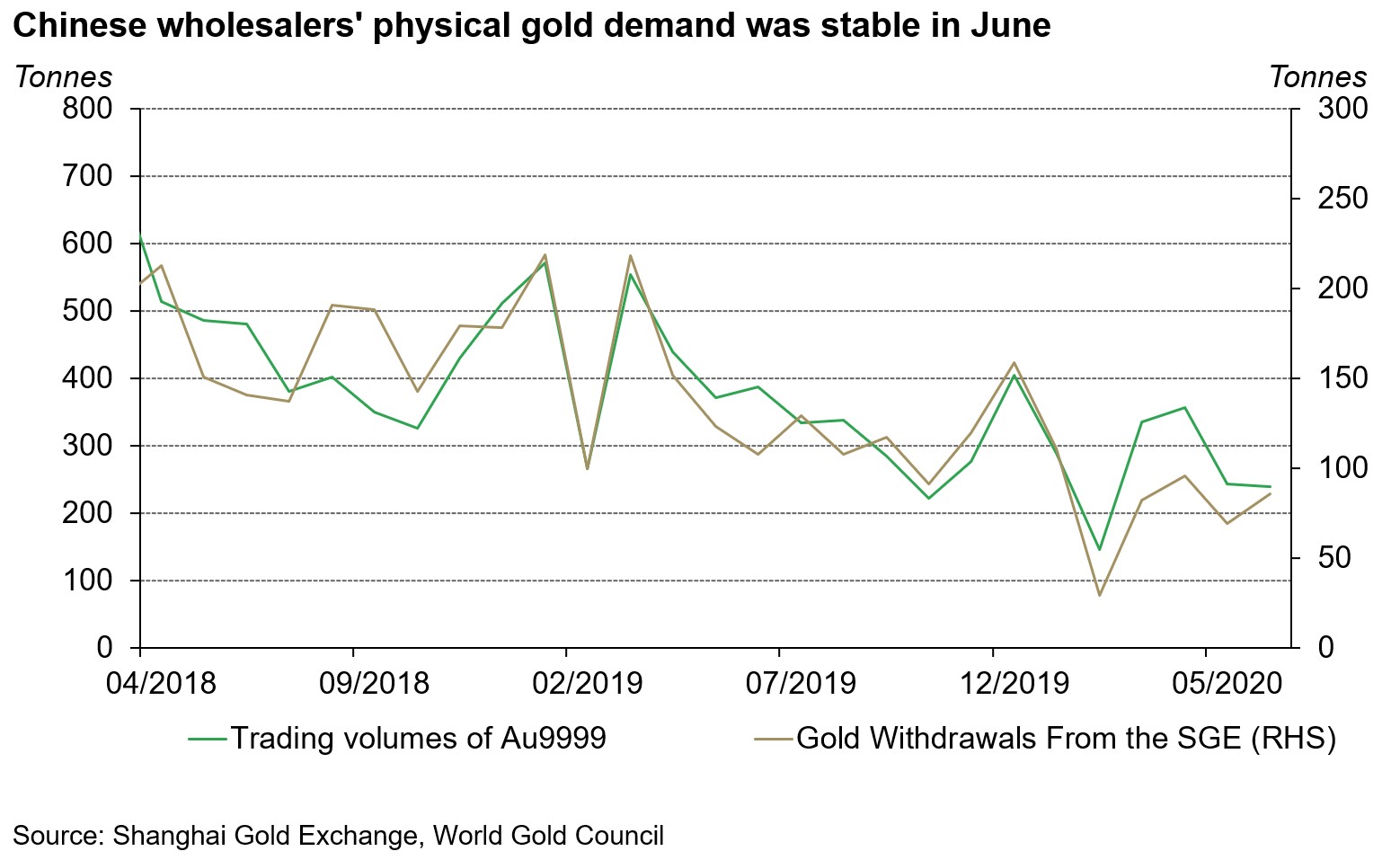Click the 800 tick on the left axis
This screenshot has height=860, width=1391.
tap(86, 110)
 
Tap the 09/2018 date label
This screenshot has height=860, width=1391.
tap(373, 684)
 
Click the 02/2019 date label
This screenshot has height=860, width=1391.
tap(587, 684)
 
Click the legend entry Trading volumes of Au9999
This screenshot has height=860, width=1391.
tap(418, 739)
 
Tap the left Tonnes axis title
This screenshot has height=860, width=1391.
tap(63, 77)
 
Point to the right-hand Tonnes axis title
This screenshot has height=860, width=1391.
tap(1317, 77)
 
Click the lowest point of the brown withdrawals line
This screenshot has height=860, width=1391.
tap(1099, 596)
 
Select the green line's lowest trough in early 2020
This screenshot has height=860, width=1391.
tap(1099, 549)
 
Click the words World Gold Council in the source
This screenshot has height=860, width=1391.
tap(548, 836)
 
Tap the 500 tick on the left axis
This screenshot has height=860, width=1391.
tap(86, 311)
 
